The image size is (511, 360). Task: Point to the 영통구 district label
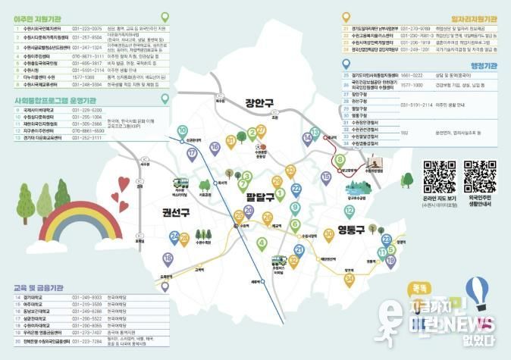click(345, 229)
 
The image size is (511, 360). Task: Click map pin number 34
click(349, 280)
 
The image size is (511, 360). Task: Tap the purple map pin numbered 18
click(168, 259)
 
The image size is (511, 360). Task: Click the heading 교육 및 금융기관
click(38, 289)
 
